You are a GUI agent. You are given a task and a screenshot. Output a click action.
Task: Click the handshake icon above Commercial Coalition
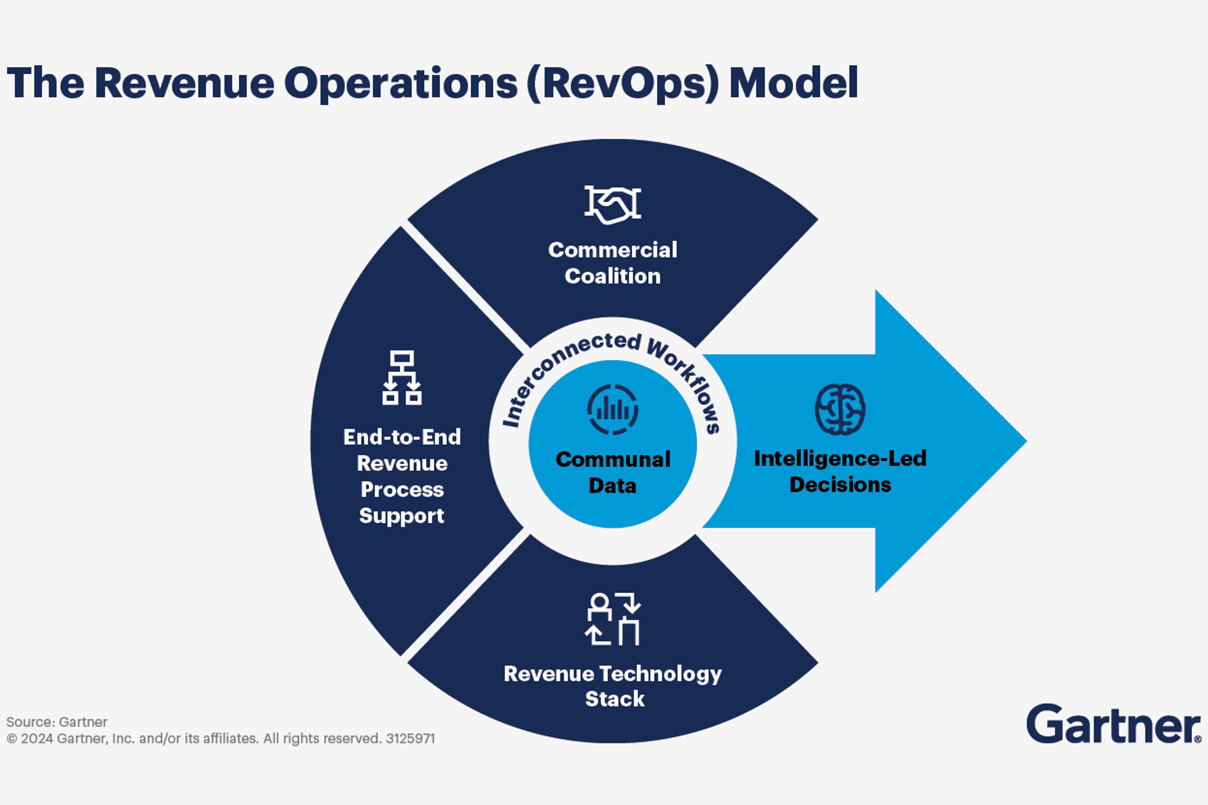coord(612,204)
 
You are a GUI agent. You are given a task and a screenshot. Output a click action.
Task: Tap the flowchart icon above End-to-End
coord(401,378)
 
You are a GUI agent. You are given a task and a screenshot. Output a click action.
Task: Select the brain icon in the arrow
coord(839,409)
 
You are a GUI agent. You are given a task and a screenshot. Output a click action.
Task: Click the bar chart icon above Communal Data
coord(612,410)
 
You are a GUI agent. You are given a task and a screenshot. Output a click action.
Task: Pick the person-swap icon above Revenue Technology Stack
coord(612,619)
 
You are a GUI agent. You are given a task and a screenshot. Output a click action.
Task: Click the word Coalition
coord(612,276)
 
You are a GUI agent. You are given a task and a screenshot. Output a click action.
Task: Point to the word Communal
coord(612,459)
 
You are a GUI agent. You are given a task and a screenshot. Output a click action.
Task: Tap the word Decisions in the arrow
coord(839,485)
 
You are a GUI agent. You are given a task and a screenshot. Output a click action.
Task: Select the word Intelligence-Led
coord(839,458)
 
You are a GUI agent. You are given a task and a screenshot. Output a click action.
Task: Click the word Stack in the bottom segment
coord(615,699)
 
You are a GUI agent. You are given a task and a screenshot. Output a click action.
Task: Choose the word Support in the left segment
coord(401,516)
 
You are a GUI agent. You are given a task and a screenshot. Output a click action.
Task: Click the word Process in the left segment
coord(401,489)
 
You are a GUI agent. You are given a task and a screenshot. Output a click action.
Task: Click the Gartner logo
coord(1113,724)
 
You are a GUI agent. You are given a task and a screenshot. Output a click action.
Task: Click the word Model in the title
coord(793,83)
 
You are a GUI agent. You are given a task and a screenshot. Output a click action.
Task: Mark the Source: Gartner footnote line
coord(57,722)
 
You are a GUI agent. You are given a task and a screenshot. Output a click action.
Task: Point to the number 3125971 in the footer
coord(410,739)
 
